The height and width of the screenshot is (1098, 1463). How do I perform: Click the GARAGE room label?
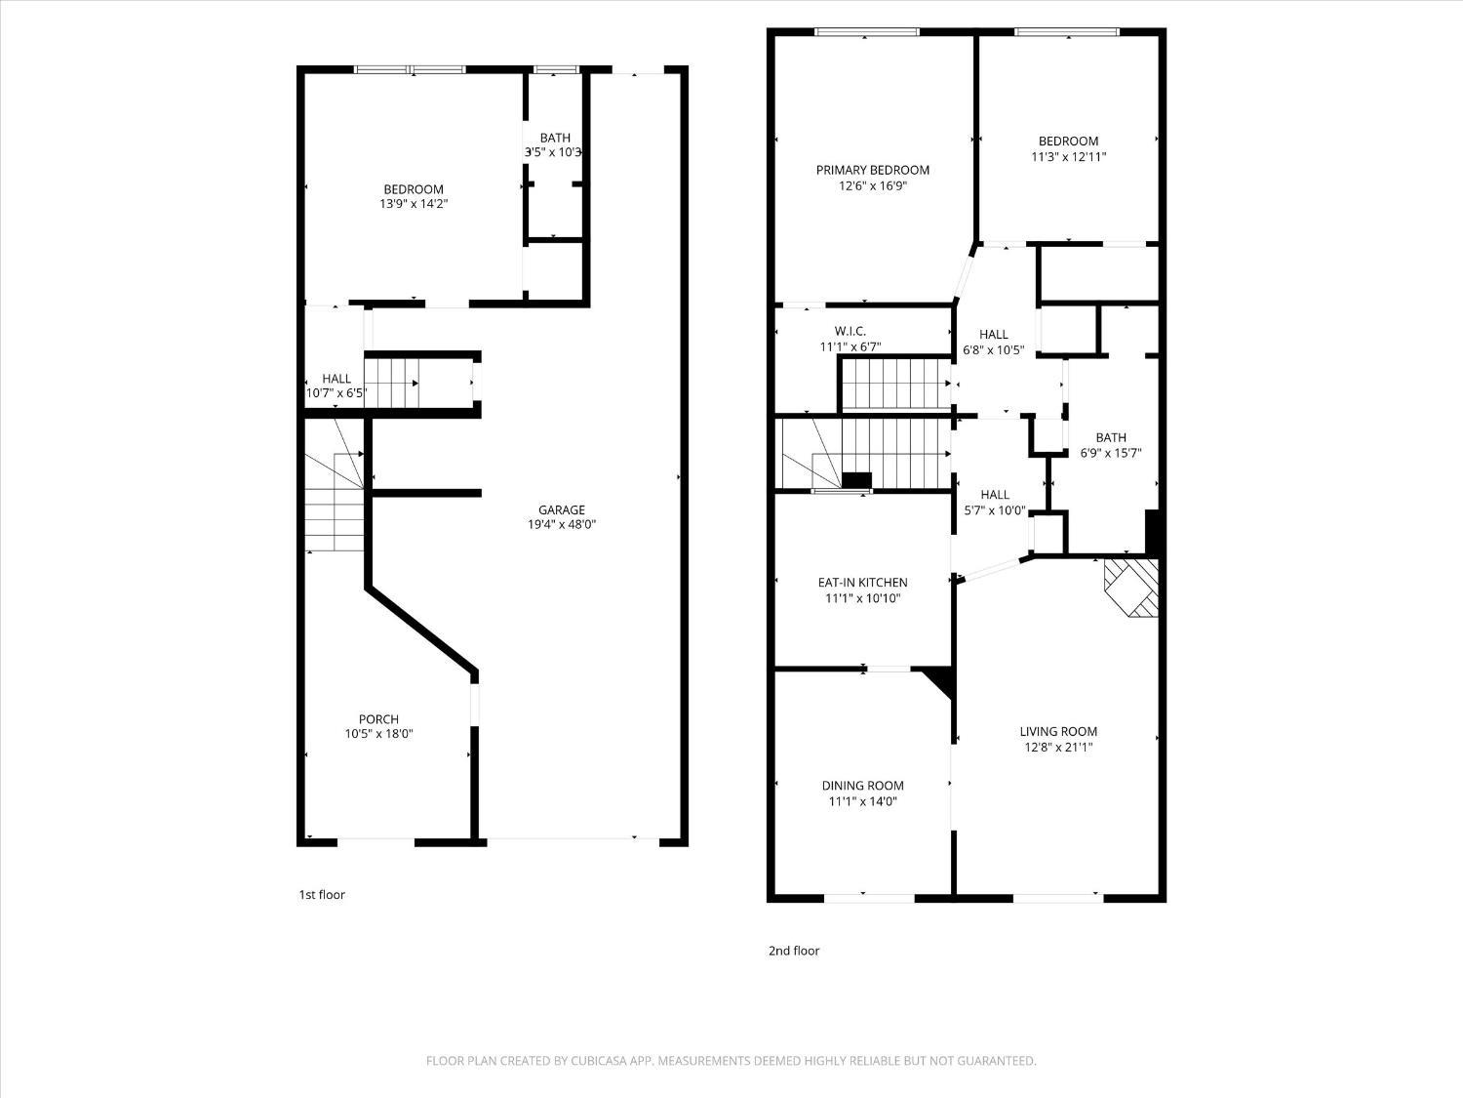562,509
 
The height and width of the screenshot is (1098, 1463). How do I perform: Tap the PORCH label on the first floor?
378,719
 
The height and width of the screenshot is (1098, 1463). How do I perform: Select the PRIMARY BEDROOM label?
872,170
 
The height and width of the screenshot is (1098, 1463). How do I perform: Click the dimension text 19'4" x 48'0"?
562,525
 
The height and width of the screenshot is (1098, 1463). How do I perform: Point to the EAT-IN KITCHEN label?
862,583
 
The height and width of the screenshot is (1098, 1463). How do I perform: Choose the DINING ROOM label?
862,786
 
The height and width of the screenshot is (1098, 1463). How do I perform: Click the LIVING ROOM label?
1058,731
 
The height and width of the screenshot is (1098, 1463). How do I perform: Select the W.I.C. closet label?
850,331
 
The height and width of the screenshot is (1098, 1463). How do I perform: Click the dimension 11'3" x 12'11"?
1068,156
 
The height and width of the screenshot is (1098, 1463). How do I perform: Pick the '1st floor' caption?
322,894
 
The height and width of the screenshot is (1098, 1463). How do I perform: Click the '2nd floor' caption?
794,951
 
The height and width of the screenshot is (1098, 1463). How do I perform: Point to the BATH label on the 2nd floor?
1110,437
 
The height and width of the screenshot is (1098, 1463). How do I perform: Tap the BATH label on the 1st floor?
555,138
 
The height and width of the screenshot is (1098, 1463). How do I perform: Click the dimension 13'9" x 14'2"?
414,205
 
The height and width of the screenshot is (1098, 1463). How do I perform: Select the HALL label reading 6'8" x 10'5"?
993,335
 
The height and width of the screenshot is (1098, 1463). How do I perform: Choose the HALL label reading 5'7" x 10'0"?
995,495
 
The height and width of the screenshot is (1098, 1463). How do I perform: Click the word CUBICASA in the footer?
600,1061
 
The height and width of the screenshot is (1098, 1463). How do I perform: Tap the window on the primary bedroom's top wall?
867,32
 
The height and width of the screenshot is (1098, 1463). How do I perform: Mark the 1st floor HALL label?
336,379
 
